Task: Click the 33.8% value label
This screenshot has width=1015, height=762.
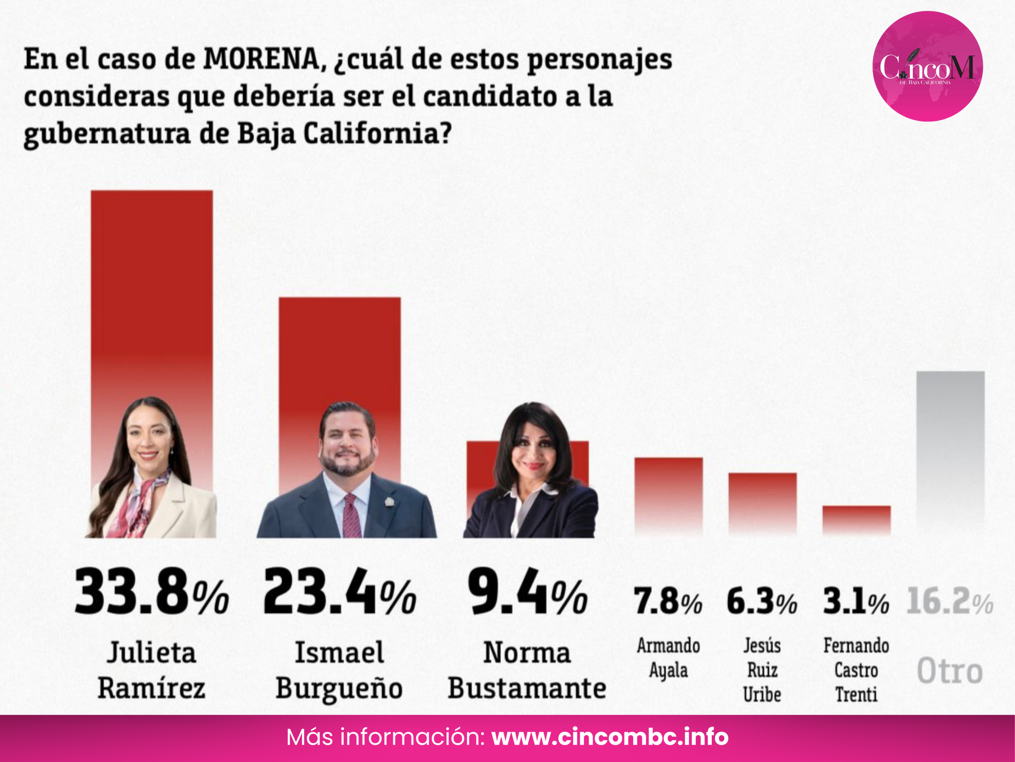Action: (x=151, y=592)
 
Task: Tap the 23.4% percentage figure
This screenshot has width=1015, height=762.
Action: (x=339, y=592)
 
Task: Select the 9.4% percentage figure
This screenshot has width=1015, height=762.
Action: (x=527, y=592)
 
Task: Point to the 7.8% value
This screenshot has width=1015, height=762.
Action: (x=668, y=602)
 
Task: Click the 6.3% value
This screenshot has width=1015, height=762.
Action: (x=762, y=602)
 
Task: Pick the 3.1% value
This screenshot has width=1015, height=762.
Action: (x=856, y=602)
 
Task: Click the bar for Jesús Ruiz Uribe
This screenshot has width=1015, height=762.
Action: (x=762, y=503)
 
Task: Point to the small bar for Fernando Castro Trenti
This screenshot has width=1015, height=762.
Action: (x=856, y=520)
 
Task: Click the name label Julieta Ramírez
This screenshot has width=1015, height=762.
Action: (x=151, y=670)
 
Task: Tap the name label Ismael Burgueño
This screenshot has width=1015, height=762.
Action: (x=339, y=670)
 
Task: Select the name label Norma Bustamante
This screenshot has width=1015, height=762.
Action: (x=527, y=670)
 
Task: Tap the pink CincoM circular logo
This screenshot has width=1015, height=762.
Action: (x=927, y=66)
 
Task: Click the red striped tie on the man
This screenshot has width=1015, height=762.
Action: (x=352, y=517)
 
